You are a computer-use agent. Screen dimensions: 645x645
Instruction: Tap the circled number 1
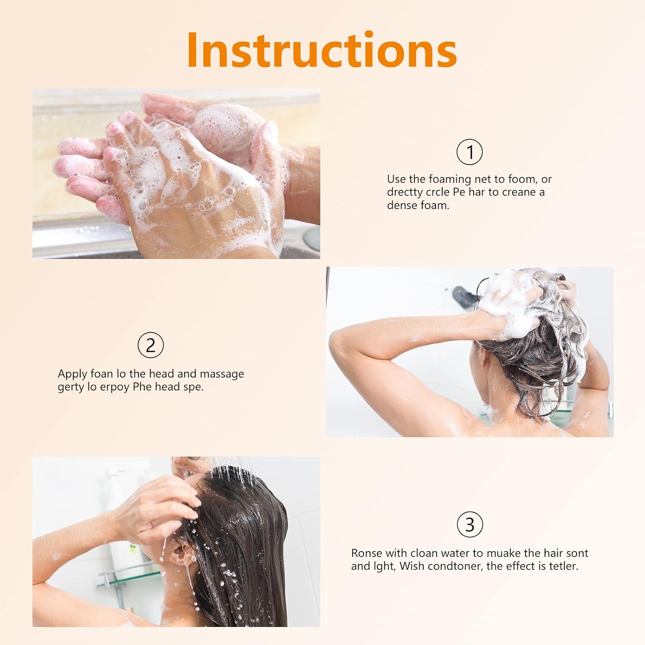469,152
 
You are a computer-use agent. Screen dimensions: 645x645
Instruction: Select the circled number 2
150,345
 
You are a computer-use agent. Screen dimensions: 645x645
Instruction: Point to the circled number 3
470,525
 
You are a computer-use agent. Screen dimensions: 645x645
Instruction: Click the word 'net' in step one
483,179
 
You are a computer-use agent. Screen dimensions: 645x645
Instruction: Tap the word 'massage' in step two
222,374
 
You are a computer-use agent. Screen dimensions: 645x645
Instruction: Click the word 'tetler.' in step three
563,566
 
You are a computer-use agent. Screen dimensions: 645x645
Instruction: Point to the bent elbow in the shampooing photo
340,344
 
